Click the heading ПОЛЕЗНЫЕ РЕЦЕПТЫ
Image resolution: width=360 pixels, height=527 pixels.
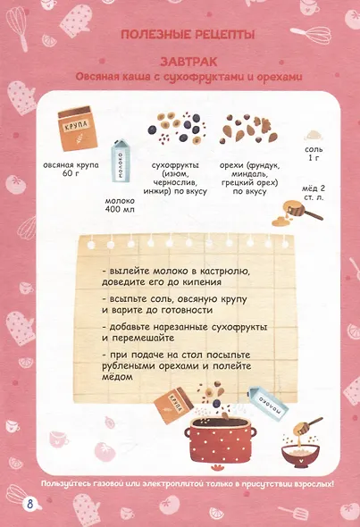click(x=188, y=35)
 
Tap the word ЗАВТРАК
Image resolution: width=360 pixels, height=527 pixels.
click(x=188, y=62)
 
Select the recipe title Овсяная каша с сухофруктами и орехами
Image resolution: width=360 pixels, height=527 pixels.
click(x=188, y=77)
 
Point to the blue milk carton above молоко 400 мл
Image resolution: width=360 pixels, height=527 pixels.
click(x=121, y=161)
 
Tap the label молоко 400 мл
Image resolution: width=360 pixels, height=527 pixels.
click(x=120, y=205)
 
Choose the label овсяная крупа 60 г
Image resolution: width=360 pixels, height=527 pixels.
click(x=71, y=170)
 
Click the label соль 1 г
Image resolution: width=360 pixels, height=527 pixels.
click(x=314, y=154)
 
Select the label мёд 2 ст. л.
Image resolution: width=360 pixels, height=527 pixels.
click(x=314, y=193)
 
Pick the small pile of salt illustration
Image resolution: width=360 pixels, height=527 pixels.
click(x=314, y=136)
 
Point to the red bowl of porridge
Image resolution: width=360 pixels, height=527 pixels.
click(x=300, y=456)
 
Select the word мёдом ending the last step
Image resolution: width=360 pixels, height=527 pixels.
click(x=117, y=377)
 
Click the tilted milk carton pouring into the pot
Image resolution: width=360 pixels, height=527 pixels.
click(x=268, y=403)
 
